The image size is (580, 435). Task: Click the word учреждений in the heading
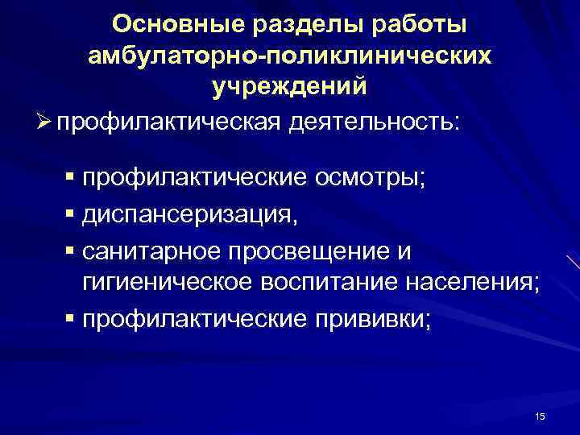point(289,86)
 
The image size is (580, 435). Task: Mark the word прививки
point(371,319)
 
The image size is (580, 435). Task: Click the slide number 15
point(540,416)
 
